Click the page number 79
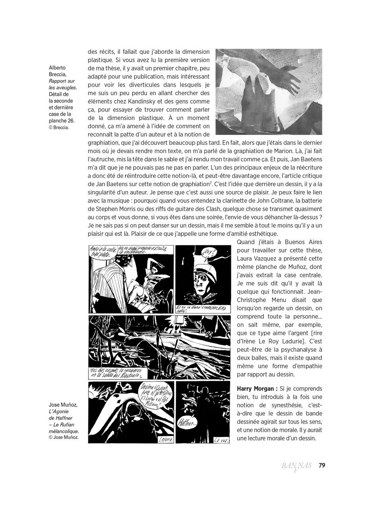[x=322, y=465]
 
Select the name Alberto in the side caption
[x=57, y=67]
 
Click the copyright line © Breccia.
[x=59, y=128]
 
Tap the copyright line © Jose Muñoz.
[x=63, y=438]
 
